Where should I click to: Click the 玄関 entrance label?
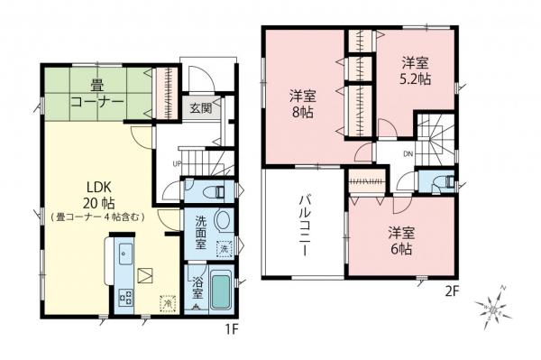[200, 108]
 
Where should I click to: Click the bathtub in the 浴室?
[221, 290]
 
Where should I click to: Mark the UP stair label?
[176, 163]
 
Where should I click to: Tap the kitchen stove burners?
[124, 294]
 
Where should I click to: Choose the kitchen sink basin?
[124, 252]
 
